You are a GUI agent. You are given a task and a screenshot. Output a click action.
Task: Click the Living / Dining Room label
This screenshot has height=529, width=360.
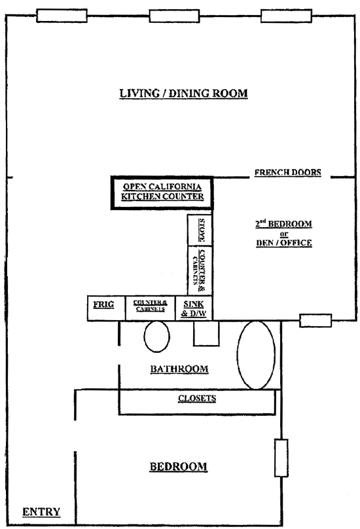[x=183, y=94]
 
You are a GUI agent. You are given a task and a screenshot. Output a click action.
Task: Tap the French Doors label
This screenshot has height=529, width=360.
[x=288, y=172]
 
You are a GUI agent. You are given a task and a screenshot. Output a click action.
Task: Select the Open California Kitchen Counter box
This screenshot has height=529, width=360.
[x=162, y=192]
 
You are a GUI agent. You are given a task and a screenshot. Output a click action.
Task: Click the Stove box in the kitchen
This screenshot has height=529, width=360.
[x=200, y=230]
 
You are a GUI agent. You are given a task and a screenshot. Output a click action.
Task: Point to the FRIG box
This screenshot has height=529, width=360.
[x=106, y=308]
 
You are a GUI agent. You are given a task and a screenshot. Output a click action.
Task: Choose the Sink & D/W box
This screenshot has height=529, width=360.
[x=194, y=308]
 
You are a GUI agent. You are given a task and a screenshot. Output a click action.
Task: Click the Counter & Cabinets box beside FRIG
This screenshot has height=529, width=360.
[x=150, y=308]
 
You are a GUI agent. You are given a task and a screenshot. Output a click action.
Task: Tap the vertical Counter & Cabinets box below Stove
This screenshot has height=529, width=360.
[x=200, y=271]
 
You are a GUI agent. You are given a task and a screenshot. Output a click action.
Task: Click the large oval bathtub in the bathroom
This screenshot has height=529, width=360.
[x=256, y=355]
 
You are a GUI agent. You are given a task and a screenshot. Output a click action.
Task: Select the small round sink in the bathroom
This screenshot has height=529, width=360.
[x=157, y=337]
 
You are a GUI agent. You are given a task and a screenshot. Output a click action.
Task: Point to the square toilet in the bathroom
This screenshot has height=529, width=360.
[x=206, y=333]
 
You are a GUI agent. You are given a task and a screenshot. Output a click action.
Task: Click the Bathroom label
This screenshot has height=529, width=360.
[x=179, y=369]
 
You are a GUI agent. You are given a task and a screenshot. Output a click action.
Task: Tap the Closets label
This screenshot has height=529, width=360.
[x=197, y=399]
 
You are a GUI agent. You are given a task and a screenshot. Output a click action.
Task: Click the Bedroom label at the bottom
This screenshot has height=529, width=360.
[x=179, y=467]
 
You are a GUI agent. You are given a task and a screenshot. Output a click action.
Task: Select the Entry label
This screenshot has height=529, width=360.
[x=41, y=512]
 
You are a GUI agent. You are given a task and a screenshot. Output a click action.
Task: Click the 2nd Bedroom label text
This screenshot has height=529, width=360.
[x=283, y=224]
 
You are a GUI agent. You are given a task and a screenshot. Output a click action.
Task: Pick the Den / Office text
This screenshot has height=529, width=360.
[x=284, y=243]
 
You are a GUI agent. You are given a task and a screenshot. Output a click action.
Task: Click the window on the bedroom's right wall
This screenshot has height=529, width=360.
[x=281, y=458]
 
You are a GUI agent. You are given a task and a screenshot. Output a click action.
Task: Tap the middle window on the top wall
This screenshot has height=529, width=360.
[x=174, y=16]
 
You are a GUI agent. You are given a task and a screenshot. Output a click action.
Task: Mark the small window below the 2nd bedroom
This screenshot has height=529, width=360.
[x=315, y=321]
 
